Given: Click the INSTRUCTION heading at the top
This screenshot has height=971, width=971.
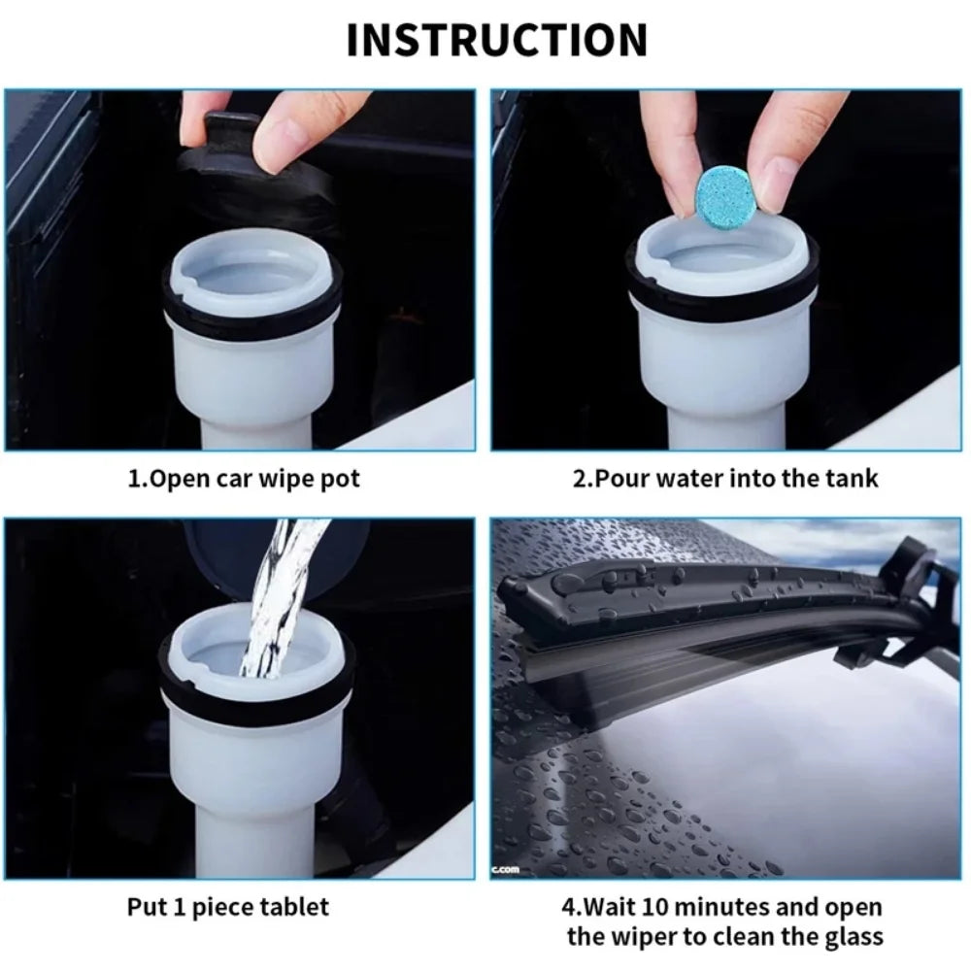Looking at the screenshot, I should (496, 40).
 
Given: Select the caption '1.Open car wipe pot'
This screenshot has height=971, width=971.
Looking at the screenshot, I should (244, 480).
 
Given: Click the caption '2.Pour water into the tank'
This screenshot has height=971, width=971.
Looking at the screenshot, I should (724, 478).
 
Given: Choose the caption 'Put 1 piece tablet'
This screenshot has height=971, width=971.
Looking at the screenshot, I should (228, 907).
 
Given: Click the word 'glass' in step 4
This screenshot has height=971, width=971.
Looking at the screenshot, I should (851, 936).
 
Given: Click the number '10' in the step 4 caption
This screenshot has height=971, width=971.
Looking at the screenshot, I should (665, 907).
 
